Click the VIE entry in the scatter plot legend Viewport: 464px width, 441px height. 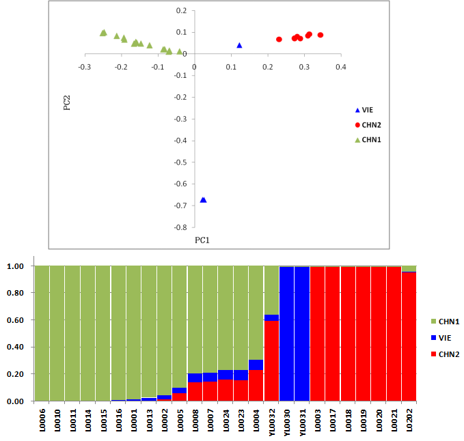coord(366,110)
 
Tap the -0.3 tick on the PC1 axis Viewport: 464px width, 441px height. coord(85,67)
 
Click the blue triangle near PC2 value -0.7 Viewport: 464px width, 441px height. coord(203,200)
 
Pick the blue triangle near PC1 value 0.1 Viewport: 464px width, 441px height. coord(239,45)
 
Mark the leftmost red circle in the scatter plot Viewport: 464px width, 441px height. coord(279,40)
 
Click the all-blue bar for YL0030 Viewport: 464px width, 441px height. coord(286,335)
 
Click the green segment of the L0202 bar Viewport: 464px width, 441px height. coord(409,268)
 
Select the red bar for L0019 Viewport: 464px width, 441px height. coord(363,335)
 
